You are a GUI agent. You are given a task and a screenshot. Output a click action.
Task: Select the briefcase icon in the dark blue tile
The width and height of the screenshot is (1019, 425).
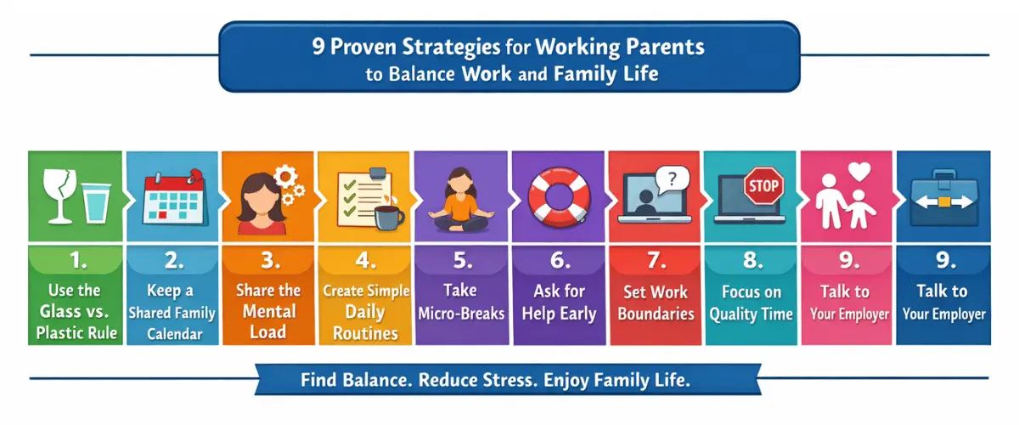[943, 201]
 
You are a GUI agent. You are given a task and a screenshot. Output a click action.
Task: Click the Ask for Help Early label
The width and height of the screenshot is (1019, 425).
[559, 303]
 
